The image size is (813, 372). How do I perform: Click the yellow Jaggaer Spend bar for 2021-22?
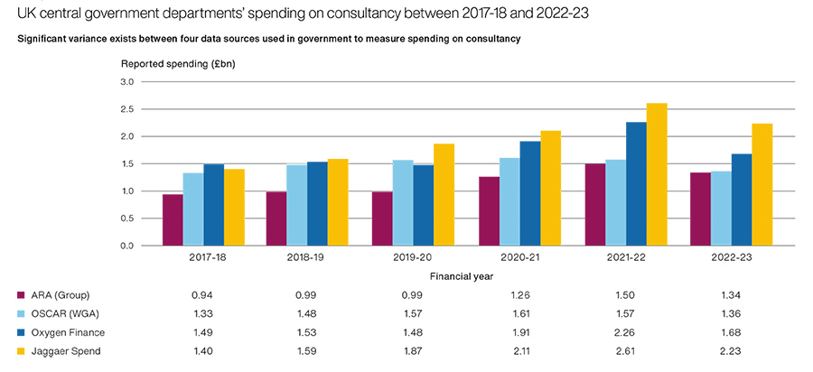(x=656, y=174)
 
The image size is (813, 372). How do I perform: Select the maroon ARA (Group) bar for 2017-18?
(x=173, y=219)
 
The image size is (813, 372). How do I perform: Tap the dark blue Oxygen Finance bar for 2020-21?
(x=529, y=193)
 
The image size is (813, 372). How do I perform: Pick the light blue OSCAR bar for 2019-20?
(x=400, y=202)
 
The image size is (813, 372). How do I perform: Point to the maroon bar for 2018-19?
(x=276, y=219)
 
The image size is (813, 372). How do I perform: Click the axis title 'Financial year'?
(x=462, y=275)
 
